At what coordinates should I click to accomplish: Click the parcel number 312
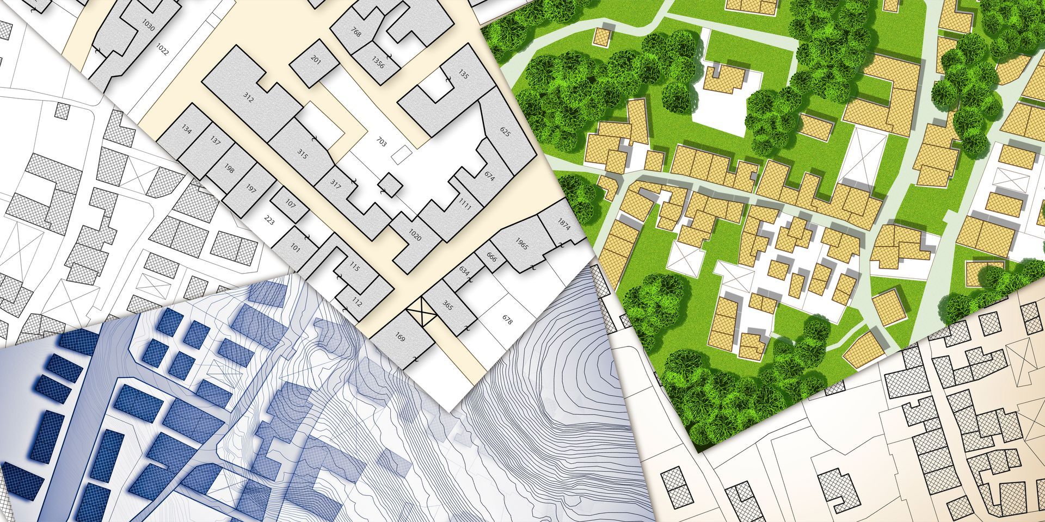(248, 98)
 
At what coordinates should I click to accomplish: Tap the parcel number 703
(382, 142)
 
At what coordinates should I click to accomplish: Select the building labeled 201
(316, 59)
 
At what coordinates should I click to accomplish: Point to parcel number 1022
(162, 50)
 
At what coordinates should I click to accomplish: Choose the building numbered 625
(505, 132)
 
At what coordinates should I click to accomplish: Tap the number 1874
(564, 225)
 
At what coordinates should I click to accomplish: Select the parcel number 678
(507, 320)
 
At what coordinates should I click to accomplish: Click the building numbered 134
(187, 129)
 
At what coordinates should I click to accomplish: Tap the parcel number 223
(269, 220)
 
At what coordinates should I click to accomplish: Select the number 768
(356, 33)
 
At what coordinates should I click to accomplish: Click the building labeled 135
(463, 74)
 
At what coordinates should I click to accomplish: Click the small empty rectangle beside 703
(401, 155)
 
